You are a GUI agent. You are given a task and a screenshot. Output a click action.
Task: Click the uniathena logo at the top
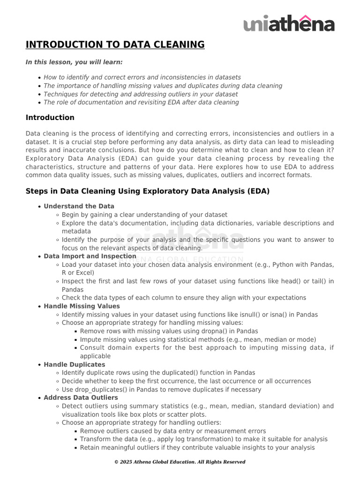(x=289, y=23)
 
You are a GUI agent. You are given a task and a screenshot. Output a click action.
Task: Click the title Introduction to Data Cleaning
(x=115, y=45)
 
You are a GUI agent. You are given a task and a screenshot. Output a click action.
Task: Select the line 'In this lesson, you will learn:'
(x=74, y=62)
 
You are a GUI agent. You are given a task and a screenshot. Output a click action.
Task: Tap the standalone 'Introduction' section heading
(x=50, y=117)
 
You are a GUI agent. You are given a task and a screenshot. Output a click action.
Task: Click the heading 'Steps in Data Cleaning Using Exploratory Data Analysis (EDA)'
(x=148, y=191)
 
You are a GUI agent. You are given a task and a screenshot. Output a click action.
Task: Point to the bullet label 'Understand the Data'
(x=79, y=206)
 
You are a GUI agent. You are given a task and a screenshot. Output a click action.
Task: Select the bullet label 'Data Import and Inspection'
(x=90, y=256)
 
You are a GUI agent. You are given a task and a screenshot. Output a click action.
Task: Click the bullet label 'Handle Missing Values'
(x=82, y=306)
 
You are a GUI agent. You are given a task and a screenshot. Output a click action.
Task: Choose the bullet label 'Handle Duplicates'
(x=74, y=364)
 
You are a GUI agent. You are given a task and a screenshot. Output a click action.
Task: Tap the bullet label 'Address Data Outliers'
(x=81, y=397)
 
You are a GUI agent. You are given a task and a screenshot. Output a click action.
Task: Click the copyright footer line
(x=180, y=462)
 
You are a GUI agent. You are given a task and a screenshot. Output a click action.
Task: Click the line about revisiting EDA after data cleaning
(x=141, y=102)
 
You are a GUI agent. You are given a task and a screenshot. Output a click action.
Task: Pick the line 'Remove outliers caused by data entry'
(x=173, y=431)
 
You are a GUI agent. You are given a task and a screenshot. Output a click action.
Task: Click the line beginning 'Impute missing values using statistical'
(x=198, y=339)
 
